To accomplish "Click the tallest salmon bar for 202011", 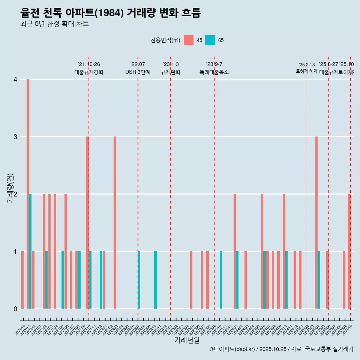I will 28,194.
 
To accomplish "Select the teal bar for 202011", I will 30,251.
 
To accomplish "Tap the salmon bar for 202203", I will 115,222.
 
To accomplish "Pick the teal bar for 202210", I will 156,280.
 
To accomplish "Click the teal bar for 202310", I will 221,280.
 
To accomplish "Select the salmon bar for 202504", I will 316,222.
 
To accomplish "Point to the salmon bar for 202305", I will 191,280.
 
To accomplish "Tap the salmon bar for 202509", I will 344,280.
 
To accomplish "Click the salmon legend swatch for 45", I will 189,40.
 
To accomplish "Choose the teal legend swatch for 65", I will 210,40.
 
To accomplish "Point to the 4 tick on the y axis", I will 15,79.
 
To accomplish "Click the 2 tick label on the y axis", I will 15,194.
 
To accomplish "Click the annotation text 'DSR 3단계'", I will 138,72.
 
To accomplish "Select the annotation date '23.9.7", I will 214,64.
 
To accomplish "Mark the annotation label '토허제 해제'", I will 306,71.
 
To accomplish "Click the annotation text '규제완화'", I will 171,72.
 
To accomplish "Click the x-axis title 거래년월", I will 187,340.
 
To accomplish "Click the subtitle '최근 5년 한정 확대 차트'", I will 54,24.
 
